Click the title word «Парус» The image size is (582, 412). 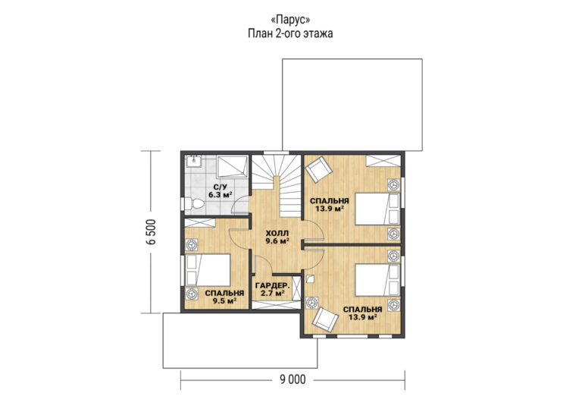pos(291,20)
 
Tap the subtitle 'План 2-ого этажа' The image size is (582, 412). pos(290,33)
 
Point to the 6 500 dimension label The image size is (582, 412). pos(152,232)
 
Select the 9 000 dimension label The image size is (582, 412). pos(293,379)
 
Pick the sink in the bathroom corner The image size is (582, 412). pos(193,161)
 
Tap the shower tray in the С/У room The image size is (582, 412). pos(233,166)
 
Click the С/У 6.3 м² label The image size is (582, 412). pos(221,190)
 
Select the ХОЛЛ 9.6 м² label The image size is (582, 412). pos(277,237)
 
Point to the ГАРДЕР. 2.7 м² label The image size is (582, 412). pos(273,289)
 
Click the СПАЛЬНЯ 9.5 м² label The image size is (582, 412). pos(224,297)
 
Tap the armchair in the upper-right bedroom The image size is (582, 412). pos(318,170)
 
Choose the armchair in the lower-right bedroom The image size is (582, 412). pos(325,318)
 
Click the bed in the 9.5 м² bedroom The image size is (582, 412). pos(208,270)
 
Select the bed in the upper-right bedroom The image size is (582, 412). pos(377,209)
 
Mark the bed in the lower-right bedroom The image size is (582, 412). pos(377,280)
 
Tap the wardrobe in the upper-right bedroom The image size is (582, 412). pos(383,161)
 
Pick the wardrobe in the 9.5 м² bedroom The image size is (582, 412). pos(200,222)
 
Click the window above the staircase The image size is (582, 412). pos(276,152)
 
